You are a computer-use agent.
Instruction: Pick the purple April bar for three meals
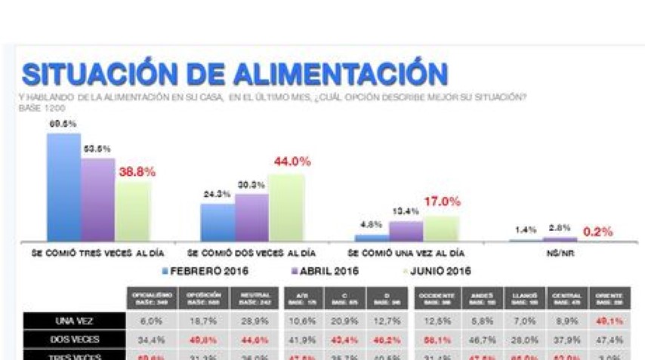tap(97, 199)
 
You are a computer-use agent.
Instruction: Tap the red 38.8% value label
tap(136, 172)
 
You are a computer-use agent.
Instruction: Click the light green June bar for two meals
tap(286, 207)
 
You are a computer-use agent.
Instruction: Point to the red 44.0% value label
tap(291, 162)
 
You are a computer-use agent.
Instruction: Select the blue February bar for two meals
tap(218, 222)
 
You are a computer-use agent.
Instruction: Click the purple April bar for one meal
tap(406, 230)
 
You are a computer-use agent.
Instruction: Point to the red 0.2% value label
tap(597, 232)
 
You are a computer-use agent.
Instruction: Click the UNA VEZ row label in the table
tap(73, 321)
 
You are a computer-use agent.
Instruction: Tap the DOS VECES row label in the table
tap(73, 340)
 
